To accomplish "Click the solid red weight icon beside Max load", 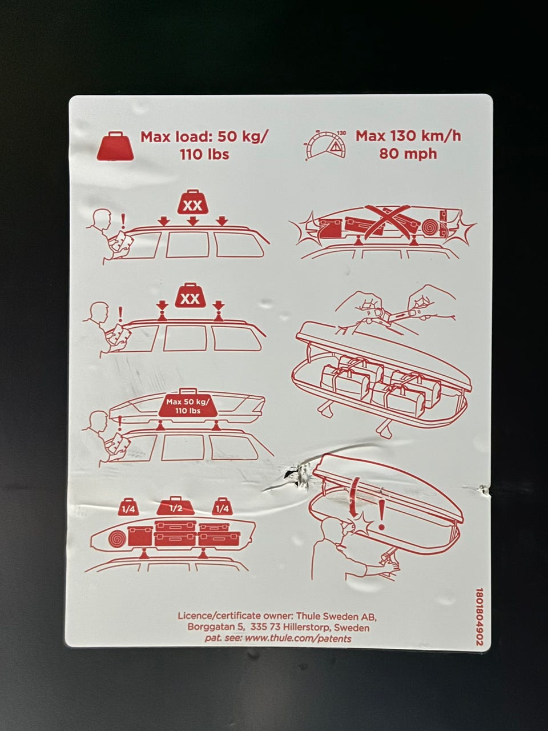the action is [115, 146].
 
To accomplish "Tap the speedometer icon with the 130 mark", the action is [325, 146].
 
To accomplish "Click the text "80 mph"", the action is [408, 154].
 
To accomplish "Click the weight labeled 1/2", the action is [175, 507].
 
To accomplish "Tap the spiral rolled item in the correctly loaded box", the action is [118, 536].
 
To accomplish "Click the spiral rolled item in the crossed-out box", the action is [430, 227].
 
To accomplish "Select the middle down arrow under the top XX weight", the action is [192, 220].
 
